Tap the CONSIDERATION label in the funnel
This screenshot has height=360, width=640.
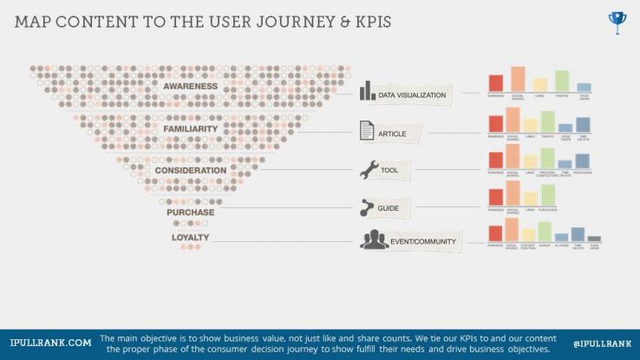(191, 170)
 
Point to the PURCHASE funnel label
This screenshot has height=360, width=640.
(192, 212)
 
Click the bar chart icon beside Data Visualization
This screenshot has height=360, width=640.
(368, 91)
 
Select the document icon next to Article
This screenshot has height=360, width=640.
(368, 132)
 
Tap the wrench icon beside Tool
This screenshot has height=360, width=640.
(369, 170)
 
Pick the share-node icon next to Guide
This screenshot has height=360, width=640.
(368, 207)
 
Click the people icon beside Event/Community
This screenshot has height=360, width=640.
(374, 240)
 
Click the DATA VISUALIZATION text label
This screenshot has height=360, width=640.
(412, 95)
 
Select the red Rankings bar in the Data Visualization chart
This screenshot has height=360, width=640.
(496, 83)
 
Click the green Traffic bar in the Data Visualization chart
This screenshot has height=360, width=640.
(561, 81)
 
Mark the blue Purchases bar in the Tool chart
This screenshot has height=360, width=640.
(583, 160)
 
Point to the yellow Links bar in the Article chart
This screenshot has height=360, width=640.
(530, 125)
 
